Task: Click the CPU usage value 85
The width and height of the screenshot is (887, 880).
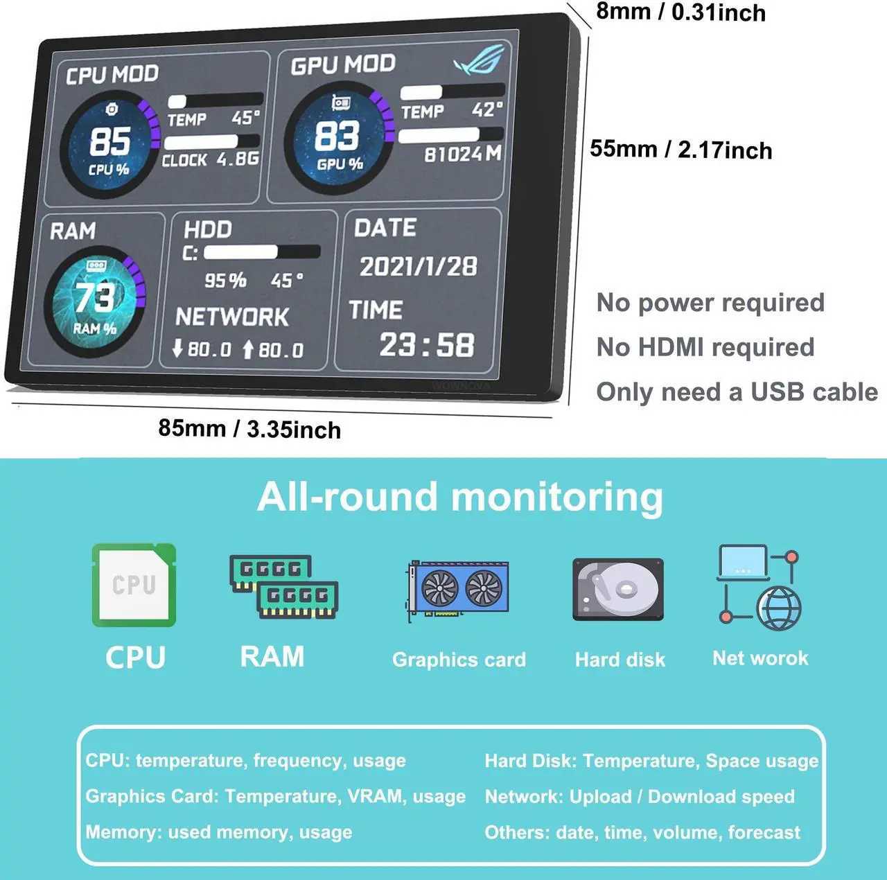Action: pos(110,141)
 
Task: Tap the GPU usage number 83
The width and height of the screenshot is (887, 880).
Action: pos(337,136)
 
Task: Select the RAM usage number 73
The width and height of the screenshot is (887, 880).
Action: pos(94,297)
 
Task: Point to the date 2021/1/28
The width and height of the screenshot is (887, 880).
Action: pos(418,266)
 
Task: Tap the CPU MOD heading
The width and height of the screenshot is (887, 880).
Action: pos(112,74)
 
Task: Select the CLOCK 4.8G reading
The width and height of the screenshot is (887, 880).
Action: pos(211,159)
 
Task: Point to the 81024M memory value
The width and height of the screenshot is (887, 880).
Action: pos(462,154)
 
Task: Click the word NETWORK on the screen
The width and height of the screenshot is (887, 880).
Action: pos(232,317)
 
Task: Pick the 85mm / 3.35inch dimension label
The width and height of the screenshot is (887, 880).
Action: pos(249,429)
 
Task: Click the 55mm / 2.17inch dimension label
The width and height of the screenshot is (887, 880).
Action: pos(680,150)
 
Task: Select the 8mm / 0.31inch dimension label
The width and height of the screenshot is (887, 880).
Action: pos(680,12)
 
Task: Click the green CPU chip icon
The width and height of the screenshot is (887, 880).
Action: pos(134,585)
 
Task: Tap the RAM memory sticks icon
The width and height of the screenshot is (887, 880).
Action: pos(283,586)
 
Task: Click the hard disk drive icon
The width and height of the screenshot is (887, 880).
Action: pos(618,589)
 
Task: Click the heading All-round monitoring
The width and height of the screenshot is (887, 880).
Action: pos(460,498)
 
